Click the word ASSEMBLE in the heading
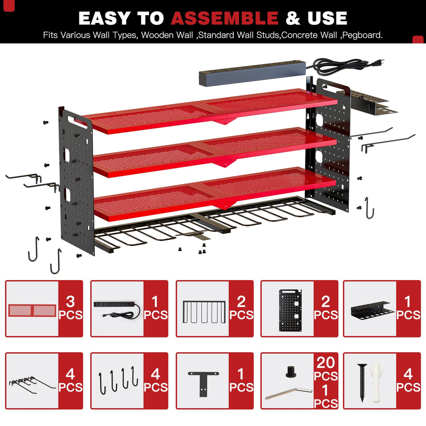click(x=225, y=18)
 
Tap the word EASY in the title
click(x=104, y=18)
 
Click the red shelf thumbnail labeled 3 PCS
click(x=32, y=310)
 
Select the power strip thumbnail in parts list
click(x=117, y=309)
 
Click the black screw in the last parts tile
click(x=362, y=382)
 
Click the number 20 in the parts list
click(x=326, y=362)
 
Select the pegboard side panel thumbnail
click(x=290, y=310)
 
